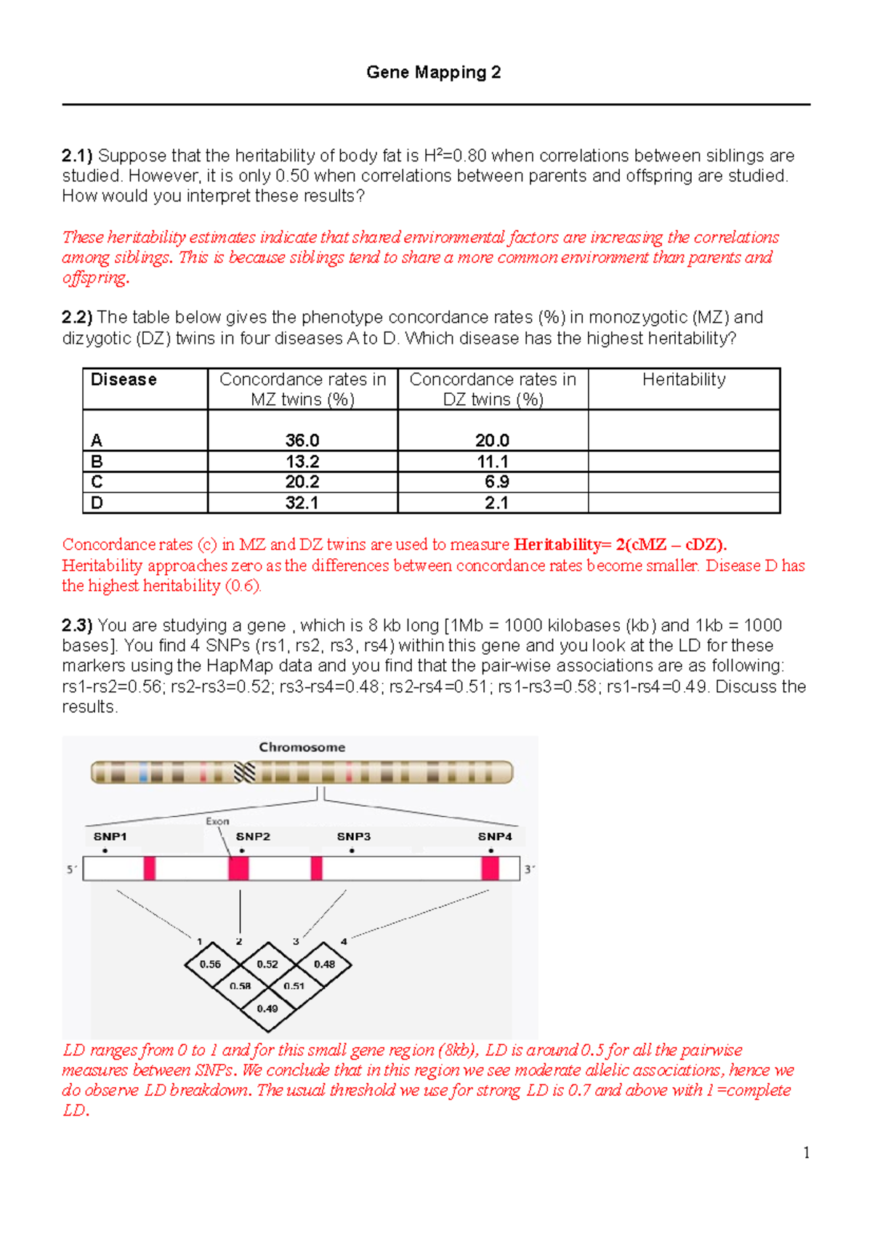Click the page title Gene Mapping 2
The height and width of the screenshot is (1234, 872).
tap(433, 72)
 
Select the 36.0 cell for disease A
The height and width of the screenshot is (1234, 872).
tap(302, 440)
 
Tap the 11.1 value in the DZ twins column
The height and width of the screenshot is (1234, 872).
tap(492, 461)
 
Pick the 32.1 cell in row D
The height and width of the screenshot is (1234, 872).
tap(302, 503)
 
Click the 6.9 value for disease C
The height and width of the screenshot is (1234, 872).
tap(497, 482)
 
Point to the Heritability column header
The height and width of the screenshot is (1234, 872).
tap(683, 379)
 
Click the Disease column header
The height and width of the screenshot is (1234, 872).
tap(124, 379)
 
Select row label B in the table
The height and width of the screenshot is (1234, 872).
tap(97, 461)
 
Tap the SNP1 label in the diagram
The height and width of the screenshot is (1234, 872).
tap(110, 836)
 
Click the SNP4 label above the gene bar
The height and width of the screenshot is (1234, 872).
tap(495, 836)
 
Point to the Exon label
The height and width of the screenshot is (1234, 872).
tap(217, 821)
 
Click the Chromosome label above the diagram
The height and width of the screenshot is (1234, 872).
tap(302, 747)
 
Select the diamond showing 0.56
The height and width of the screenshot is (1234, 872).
tap(211, 964)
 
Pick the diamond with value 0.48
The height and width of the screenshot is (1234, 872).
tap(324, 964)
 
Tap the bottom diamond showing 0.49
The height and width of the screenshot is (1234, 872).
tap(267, 1009)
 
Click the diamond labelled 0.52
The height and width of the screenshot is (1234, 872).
tap(267, 964)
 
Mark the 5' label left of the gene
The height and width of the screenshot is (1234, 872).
tap(72, 869)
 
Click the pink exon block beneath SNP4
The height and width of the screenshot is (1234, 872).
tap(490, 868)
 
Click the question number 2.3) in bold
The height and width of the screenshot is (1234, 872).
tap(77, 626)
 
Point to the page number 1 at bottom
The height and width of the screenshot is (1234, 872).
tap(806, 1153)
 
